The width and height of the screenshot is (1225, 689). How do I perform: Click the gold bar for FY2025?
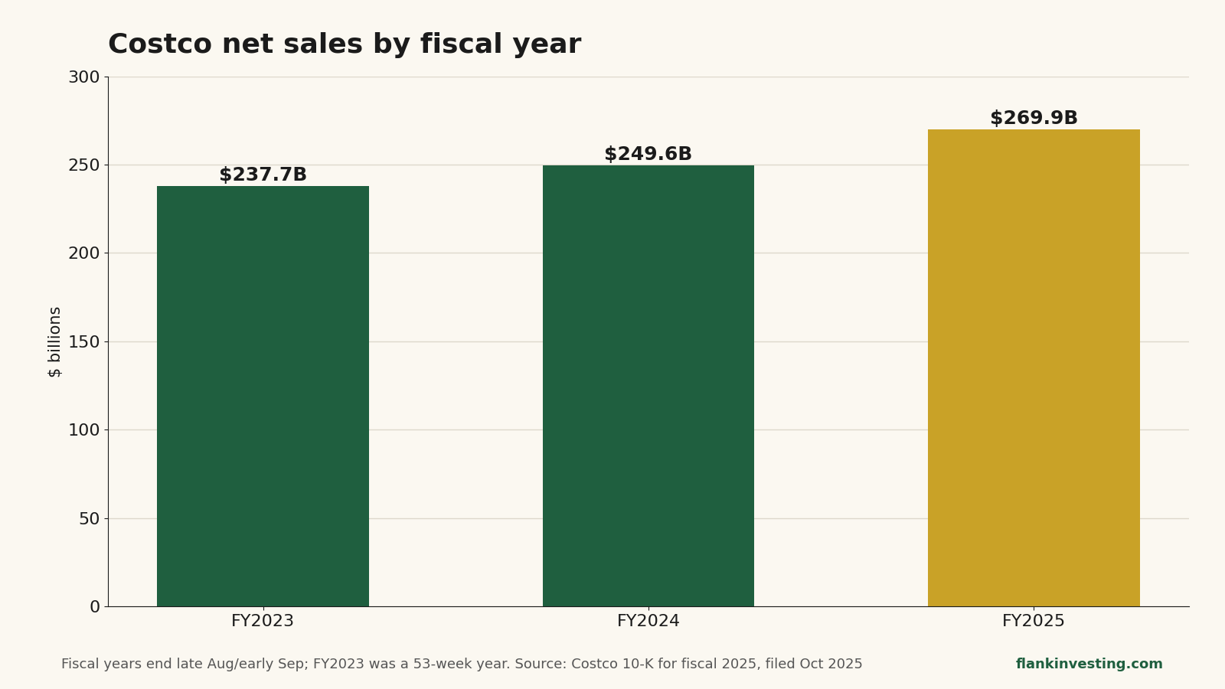(1034, 368)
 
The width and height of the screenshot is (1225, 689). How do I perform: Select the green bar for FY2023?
(263, 396)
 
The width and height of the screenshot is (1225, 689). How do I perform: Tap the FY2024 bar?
(648, 386)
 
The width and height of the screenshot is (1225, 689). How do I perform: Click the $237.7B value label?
(263, 175)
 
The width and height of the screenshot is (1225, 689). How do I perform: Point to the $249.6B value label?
(648, 154)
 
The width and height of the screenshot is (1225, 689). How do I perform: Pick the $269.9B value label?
(1034, 118)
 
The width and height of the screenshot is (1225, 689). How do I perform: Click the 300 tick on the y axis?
(84, 77)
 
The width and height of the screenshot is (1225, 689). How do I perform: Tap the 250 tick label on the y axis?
(84, 165)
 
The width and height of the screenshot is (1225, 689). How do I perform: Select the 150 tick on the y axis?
(84, 341)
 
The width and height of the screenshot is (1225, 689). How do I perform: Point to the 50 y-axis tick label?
(90, 518)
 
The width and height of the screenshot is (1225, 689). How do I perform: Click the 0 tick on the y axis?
(95, 606)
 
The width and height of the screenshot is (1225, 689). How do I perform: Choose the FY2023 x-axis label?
(263, 621)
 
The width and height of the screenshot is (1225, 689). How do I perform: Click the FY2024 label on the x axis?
(648, 621)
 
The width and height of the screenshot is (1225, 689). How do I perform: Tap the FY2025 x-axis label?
(1034, 621)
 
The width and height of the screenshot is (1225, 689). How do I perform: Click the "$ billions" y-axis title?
(54, 341)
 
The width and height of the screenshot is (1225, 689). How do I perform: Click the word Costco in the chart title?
(160, 44)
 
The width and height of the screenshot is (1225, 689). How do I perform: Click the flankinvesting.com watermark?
(1089, 663)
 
